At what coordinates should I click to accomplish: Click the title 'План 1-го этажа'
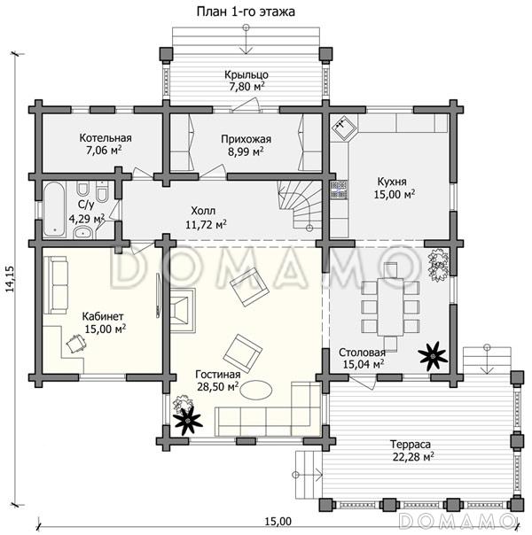click(246, 12)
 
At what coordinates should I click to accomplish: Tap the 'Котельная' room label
click(106, 138)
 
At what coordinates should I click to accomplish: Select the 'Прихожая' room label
click(246, 139)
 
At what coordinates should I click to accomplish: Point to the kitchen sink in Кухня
click(343, 127)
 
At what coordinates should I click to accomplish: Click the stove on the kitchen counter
click(339, 190)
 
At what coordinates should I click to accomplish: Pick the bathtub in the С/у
click(54, 209)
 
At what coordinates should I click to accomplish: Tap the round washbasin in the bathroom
click(82, 232)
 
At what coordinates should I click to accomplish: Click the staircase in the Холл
click(301, 205)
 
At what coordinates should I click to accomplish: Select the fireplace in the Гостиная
click(183, 310)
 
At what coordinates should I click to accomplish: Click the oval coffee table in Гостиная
click(256, 389)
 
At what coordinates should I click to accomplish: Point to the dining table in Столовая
click(390, 306)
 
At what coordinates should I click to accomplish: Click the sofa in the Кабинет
click(55, 285)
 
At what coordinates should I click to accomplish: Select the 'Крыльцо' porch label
click(246, 74)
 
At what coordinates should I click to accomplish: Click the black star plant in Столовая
click(433, 357)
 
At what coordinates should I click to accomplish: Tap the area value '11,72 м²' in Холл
click(207, 224)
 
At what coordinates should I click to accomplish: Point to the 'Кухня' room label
click(392, 182)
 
